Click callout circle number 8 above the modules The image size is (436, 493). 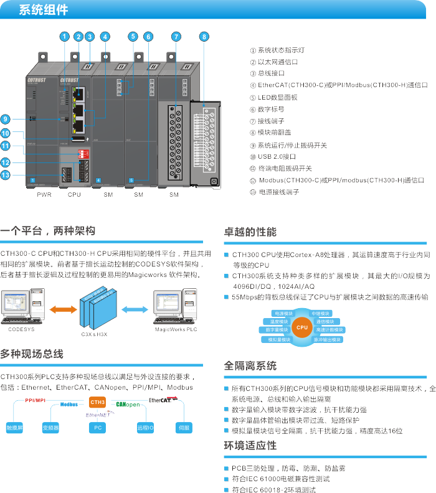click(x=205, y=37)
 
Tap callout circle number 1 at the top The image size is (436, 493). click(x=65, y=37)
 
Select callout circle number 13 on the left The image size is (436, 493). click(x=6, y=176)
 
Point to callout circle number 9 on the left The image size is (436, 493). click(x=6, y=119)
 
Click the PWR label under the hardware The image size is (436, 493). click(x=44, y=195)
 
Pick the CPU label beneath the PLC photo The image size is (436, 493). click(x=74, y=195)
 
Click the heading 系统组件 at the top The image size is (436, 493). click(x=44, y=9)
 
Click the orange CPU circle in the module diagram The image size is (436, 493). click(x=302, y=327)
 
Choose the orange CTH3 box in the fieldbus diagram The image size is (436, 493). click(x=98, y=403)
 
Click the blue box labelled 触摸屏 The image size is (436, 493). click(x=14, y=428)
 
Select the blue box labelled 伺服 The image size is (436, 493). click(x=184, y=428)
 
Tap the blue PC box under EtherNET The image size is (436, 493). click(x=98, y=428)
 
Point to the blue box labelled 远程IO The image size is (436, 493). click(x=145, y=428)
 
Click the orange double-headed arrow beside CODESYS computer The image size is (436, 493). click(x=64, y=309)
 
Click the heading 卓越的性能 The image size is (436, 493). click(x=250, y=232)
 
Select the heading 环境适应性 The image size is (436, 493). click(x=250, y=446)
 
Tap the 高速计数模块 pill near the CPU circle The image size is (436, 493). click(x=329, y=329)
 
